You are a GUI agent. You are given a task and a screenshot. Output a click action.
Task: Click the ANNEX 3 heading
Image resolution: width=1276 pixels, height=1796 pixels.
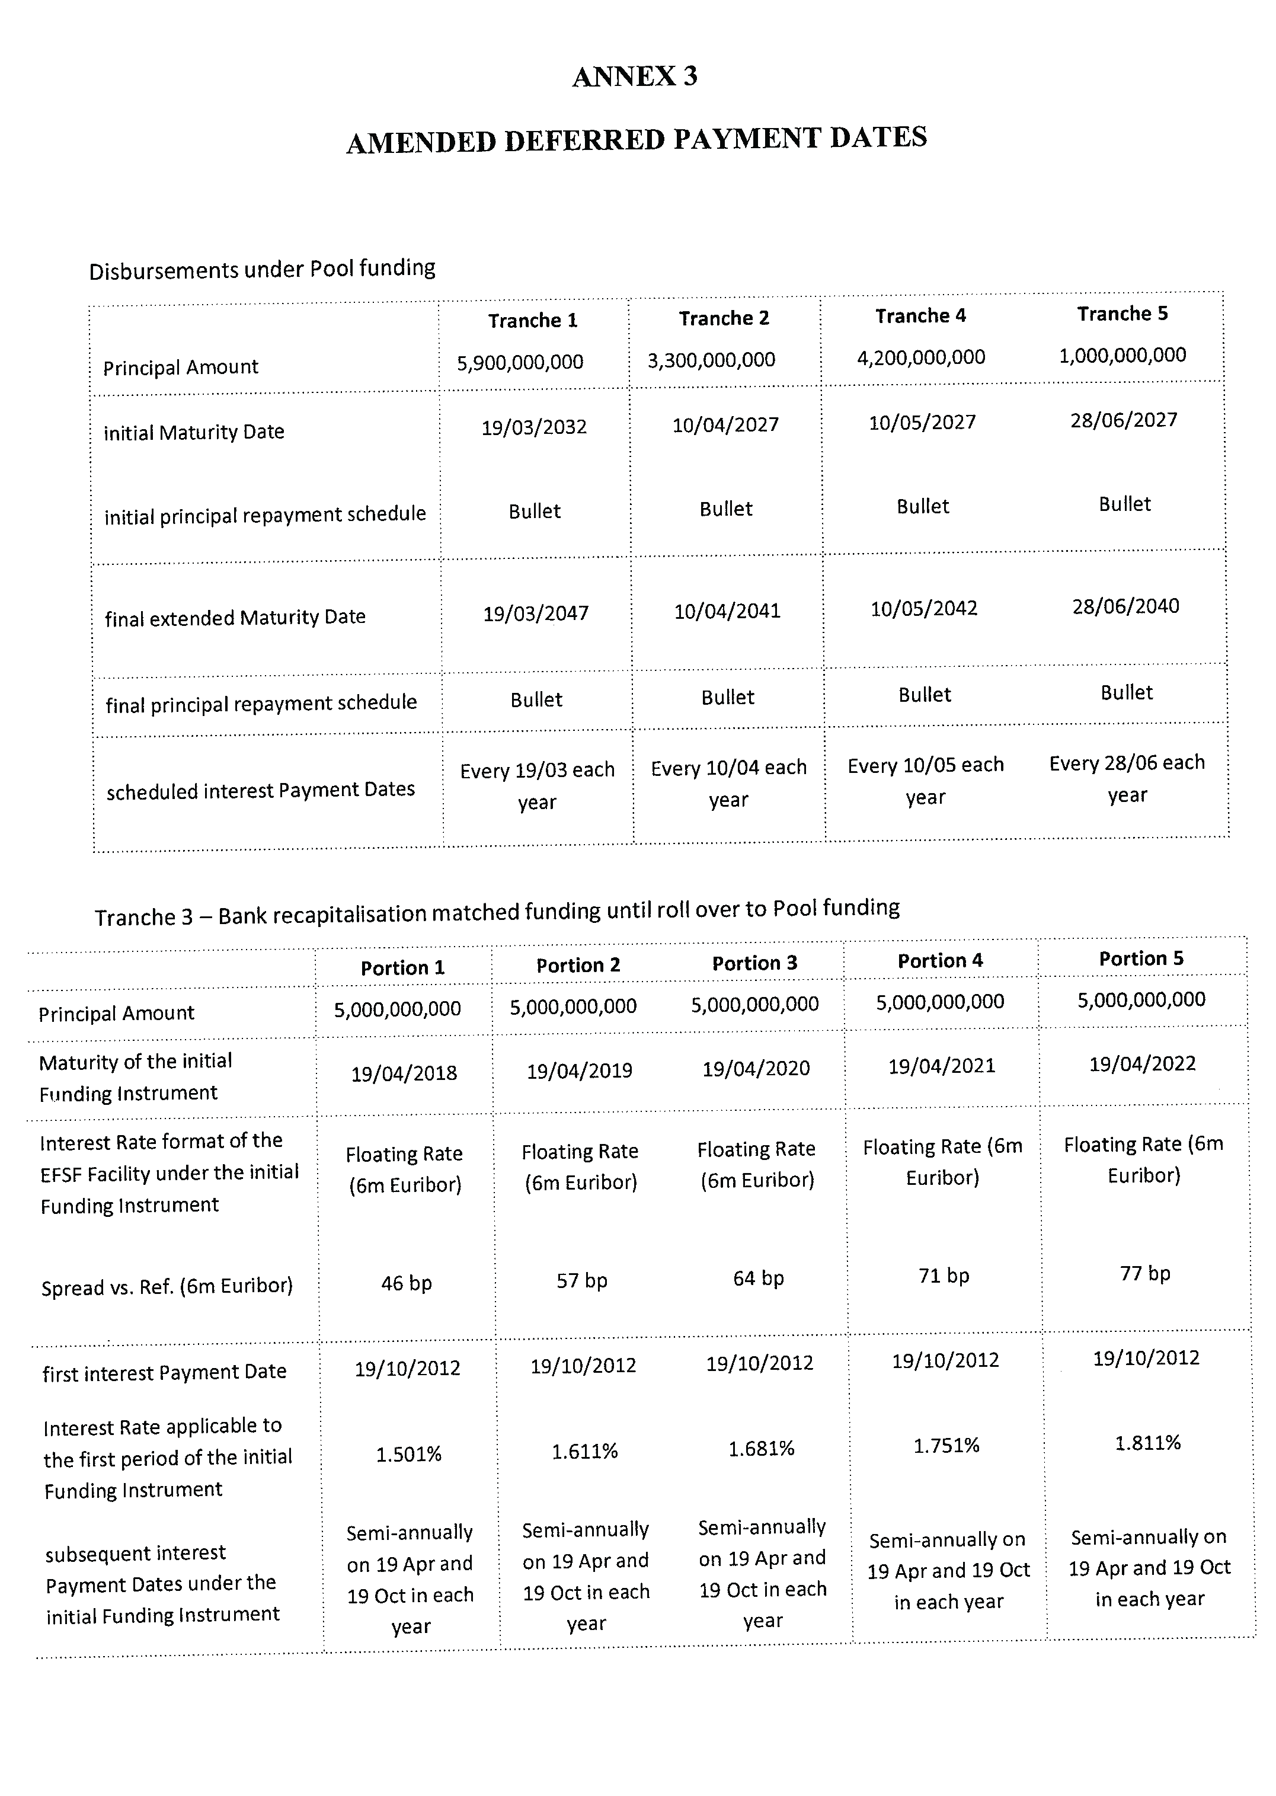(635, 76)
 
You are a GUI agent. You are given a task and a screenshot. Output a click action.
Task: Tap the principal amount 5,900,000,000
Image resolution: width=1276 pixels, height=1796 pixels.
(520, 362)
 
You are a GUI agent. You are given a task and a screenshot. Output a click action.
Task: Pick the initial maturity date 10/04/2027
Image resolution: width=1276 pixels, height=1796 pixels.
(725, 425)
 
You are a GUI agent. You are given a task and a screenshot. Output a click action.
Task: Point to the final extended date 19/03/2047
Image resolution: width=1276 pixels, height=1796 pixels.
(536, 613)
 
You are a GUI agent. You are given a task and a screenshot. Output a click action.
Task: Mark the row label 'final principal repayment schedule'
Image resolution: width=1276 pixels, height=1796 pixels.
(261, 703)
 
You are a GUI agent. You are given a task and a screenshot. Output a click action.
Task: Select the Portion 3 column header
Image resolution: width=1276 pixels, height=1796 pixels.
(754, 963)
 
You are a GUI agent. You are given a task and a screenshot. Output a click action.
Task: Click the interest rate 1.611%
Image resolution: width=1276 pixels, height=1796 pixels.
(584, 1452)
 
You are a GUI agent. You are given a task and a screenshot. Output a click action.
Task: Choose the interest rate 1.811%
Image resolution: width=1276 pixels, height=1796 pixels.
(1148, 1443)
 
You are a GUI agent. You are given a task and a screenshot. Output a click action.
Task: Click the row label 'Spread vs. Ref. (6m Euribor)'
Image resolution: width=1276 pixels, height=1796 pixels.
(167, 1287)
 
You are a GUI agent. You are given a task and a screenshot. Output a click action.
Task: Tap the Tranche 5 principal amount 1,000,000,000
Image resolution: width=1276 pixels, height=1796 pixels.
(1122, 356)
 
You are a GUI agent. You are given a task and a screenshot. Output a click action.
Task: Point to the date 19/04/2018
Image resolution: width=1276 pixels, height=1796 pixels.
(404, 1074)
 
